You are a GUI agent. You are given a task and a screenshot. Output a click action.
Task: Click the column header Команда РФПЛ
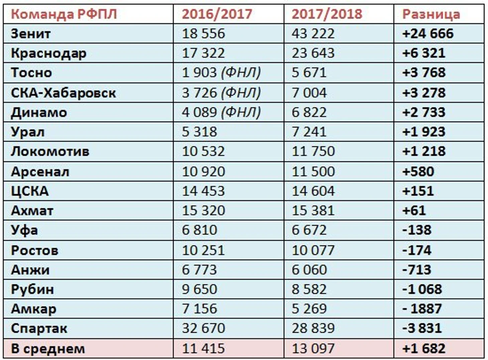[64, 14]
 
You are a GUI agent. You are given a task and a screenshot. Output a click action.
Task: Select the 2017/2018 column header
[327, 14]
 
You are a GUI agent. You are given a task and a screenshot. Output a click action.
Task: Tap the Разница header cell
[431, 14]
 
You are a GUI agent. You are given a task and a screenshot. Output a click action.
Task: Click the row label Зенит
[31, 34]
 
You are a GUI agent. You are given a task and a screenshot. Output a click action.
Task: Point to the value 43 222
[313, 34]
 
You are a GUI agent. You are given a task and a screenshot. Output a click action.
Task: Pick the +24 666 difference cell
[428, 34]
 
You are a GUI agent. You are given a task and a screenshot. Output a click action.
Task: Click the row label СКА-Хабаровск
[64, 93]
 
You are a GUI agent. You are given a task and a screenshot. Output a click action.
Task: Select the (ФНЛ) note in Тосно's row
[241, 73]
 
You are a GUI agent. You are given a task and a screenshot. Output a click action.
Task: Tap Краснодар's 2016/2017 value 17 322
[203, 53]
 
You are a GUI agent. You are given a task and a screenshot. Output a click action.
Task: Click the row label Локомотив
[50, 152]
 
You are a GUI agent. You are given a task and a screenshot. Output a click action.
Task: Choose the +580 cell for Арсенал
[418, 172]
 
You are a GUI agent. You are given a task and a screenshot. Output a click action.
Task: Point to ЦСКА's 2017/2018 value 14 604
[313, 191]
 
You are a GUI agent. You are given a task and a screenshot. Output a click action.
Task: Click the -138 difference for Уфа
[417, 230]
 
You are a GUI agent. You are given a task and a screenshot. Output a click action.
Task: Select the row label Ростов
[34, 250]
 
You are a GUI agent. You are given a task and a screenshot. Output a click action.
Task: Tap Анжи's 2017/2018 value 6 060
[309, 270]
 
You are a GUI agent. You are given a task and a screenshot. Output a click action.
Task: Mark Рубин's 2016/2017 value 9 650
[200, 289]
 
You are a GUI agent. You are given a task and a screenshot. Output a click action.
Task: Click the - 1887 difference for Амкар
[422, 309]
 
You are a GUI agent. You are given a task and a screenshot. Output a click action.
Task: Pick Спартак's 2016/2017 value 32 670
[203, 328]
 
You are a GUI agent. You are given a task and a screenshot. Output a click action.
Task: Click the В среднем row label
[48, 349]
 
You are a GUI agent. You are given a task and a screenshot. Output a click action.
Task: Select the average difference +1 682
[424, 349]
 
